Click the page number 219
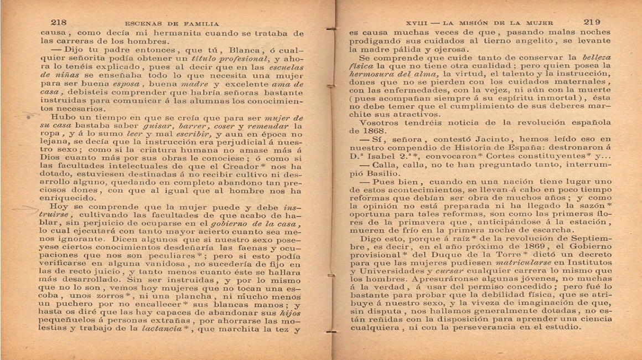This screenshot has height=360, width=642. click(592, 22)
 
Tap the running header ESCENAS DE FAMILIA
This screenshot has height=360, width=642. click(172, 24)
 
